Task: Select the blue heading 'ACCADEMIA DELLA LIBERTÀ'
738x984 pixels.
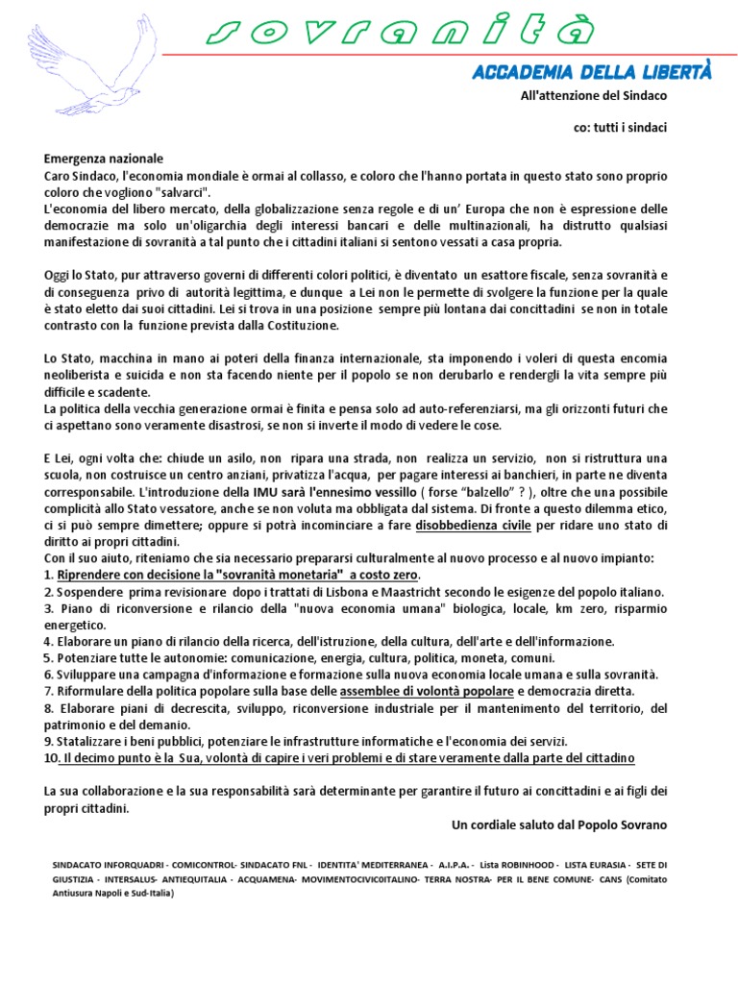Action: (x=591, y=73)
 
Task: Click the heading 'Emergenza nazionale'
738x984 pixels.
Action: (x=104, y=159)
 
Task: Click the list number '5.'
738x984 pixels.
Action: (x=49, y=657)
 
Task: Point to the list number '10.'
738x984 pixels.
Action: (x=51, y=758)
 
